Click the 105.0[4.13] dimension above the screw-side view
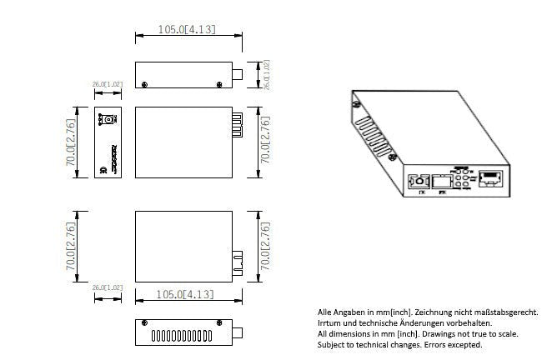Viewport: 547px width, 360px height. click(187, 29)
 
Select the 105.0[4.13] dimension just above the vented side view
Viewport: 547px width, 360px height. click(187, 294)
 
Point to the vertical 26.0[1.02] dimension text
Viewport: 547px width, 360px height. click(267, 75)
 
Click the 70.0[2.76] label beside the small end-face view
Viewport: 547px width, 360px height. click(71, 141)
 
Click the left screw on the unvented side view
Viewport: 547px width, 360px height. click(147, 83)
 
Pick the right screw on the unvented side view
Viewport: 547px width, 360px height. click(220, 83)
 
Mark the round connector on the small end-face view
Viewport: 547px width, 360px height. click(106, 121)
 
